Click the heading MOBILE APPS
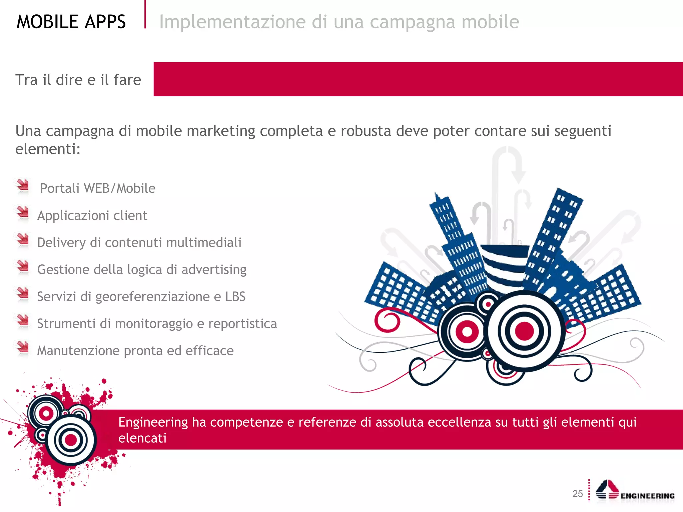coord(71,22)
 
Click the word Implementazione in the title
coord(232,22)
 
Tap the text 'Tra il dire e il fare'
coord(78,80)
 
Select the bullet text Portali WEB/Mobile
coord(98,188)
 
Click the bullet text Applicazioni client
coord(92,216)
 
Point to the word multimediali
coord(204,243)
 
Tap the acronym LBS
coord(235,297)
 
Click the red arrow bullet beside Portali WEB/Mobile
coord(23,185)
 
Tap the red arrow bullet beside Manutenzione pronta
coord(23,347)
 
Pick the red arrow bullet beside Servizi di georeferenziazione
coord(23,293)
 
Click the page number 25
coord(578,494)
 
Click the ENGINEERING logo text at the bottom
coord(647,496)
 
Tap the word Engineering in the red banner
coord(153,422)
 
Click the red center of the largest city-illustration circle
coord(524,331)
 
